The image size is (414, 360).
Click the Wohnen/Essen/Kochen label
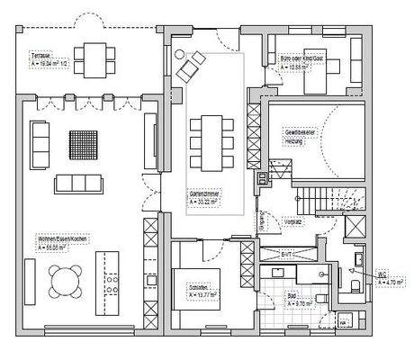(x=60, y=240)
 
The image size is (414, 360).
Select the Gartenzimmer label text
(x=206, y=194)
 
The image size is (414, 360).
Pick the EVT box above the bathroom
(x=286, y=255)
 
